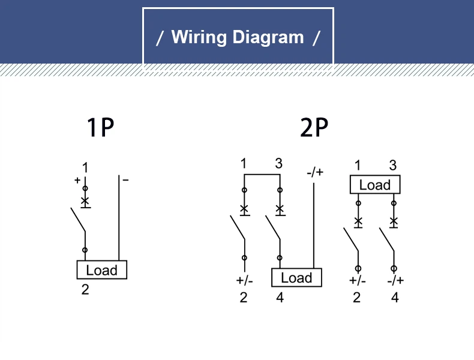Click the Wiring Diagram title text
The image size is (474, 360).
coord(238,37)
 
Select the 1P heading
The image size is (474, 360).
coord(101,127)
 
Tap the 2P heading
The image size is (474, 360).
coord(314,127)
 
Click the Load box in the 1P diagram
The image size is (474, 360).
coord(102,269)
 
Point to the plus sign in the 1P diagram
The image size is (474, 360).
coord(77,180)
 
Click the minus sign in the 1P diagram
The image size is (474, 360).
coord(126,180)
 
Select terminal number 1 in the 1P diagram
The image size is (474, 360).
coord(85,167)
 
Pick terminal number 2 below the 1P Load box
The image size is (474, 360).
coord(85,290)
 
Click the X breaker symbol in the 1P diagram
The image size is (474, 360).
coord(85,201)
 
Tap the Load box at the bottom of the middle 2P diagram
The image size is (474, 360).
coord(296,277)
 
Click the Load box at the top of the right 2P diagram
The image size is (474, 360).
coord(375,184)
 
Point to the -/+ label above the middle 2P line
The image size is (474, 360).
coord(315,172)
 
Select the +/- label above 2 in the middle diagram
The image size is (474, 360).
coord(244,281)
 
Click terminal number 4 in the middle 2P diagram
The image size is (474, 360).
coord(280,298)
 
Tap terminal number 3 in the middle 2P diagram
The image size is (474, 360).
coord(279,164)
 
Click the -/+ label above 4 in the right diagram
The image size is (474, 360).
coord(395,281)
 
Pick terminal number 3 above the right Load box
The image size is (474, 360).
coord(392,166)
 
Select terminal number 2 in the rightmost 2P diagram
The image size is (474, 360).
coord(357,298)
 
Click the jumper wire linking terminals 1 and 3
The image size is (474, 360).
coord(262,175)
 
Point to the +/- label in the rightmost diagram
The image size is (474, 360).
coord(358,281)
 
